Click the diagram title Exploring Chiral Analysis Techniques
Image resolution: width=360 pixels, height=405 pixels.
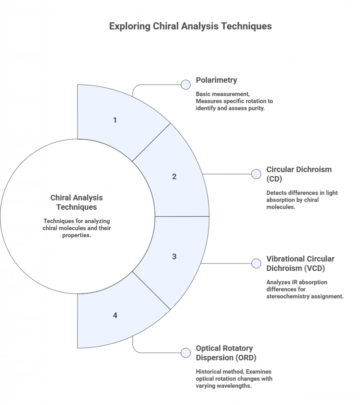pos(190,26)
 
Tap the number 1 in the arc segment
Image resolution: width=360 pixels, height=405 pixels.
pos(115,120)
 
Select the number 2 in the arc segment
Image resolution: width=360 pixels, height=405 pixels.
pos(174,176)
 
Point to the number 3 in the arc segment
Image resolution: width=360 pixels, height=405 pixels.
pos(174,256)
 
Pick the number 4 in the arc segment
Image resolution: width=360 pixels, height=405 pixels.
pos(115,315)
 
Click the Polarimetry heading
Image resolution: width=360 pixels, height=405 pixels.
pos(216,80)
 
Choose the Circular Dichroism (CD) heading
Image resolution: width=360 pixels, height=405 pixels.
pos(299,174)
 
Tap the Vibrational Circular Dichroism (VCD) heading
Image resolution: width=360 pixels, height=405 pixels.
pos(300,263)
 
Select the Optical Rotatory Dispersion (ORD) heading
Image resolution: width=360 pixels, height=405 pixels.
pos(226,353)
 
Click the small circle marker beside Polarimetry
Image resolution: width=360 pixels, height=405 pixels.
pos(186,85)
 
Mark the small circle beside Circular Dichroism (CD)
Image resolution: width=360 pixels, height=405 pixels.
pos(256,174)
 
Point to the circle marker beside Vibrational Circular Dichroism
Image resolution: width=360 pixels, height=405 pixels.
pos(256,263)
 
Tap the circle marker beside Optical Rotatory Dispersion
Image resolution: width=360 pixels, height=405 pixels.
pos(186,353)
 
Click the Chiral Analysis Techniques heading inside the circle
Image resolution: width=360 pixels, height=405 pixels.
pos(76,202)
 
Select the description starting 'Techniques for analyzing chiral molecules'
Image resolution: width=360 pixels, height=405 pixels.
pos(77,228)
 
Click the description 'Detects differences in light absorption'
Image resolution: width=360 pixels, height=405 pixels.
pos(302,200)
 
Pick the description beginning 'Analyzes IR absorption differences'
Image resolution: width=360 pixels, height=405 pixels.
pos(305,289)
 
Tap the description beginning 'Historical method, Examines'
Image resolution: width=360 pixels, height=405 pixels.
pos(234,379)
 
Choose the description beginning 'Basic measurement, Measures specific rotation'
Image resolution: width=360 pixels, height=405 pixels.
pos(234,101)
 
